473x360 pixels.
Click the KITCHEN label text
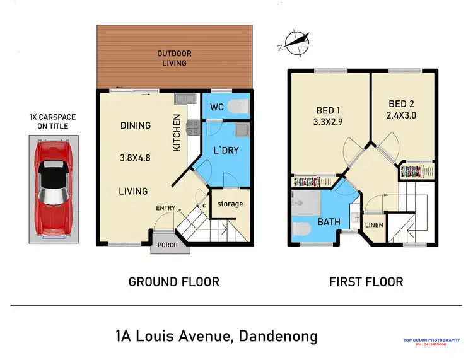(177, 132)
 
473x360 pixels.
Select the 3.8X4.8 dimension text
(136, 158)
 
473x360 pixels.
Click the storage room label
(230, 204)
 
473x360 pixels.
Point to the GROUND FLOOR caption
(173, 282)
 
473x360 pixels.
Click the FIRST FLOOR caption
(366, 282)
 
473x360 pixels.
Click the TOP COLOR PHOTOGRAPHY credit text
(436, 340)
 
